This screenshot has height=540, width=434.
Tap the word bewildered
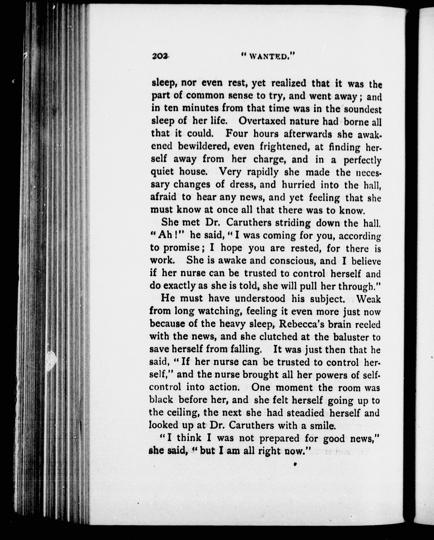[x=204, y=146]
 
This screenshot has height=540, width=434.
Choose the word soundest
[x=363, y=109]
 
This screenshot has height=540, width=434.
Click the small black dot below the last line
[x=295, y=464]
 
